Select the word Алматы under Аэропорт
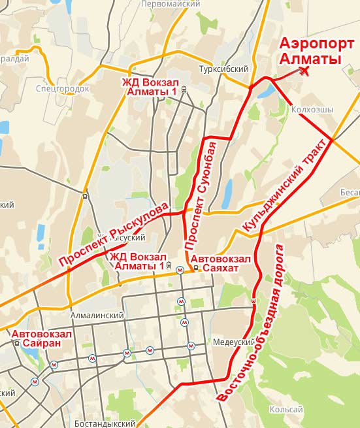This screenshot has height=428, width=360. point(311,59)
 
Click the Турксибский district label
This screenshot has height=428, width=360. point(224,69)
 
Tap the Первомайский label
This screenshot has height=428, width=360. point(171,4)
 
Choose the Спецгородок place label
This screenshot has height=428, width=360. point(63,87)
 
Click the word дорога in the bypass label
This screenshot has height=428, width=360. point(280,265)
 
